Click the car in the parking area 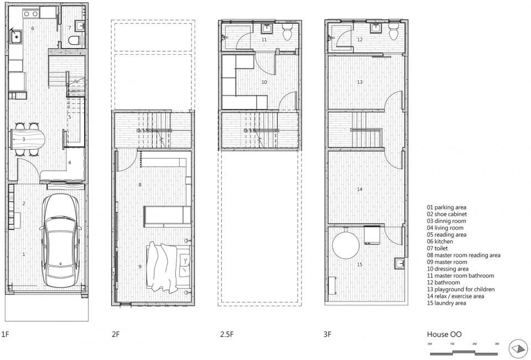[x=61, y=240]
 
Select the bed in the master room [x=168, y=267]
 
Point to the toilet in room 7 [x=74, y=40]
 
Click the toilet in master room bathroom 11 [x=287, y=32]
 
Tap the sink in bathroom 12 [x=376, y=28]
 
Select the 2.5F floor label [x=227, y=335]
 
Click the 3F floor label [x=327, y=335]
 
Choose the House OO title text [x=444, y=334]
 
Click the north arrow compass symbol [x=518, y=349]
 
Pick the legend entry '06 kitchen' [x=440, y=242]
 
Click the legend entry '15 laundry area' [x=446, y=303]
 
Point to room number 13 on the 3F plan [x=360, y=82]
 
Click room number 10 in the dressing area [x=264, y=82]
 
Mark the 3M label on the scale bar [x=497, y=344]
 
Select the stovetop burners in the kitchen [x=30, y=14]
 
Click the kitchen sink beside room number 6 [x=16, y=36]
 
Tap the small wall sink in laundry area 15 [x=399, y=263]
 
